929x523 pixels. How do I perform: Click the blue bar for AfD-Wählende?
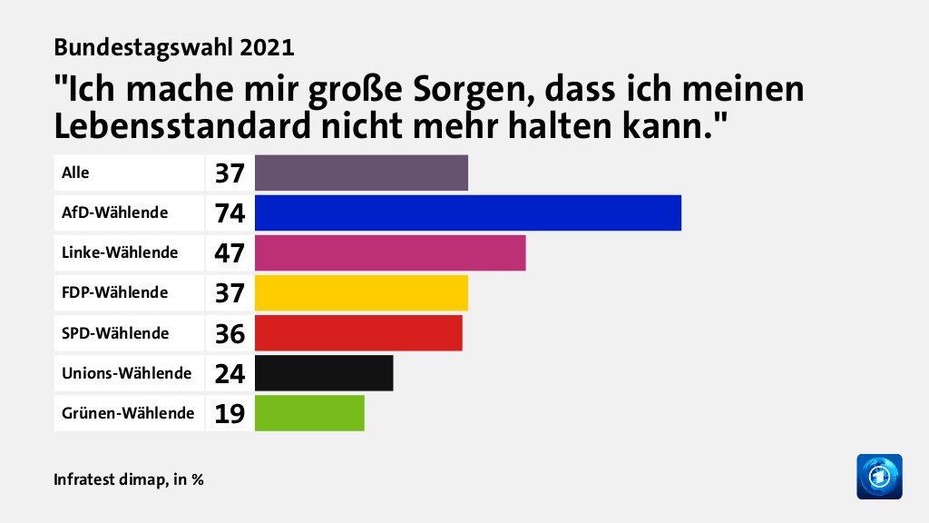pos(467,212)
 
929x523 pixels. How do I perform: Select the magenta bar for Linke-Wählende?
pos(390,252)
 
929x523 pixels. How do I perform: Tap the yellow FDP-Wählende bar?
pos(361,292)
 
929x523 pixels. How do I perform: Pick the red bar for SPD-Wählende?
pos(358,332)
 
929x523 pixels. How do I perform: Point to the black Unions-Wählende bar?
pos(324,372)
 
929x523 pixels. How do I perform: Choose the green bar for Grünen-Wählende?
pos(309,412)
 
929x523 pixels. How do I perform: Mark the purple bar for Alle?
pos(361,173)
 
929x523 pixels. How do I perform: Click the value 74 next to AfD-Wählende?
pos(230,213)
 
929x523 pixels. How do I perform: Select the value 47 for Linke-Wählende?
pos(230,253)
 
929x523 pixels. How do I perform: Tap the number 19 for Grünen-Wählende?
pos(230,413)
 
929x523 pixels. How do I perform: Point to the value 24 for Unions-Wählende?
pos(230,373)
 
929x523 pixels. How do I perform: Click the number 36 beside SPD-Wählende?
pos(230,333)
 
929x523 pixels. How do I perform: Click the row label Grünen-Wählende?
pos(128,412)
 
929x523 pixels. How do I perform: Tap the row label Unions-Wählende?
pos(126,372)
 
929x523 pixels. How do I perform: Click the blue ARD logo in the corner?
pos(879,476)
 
